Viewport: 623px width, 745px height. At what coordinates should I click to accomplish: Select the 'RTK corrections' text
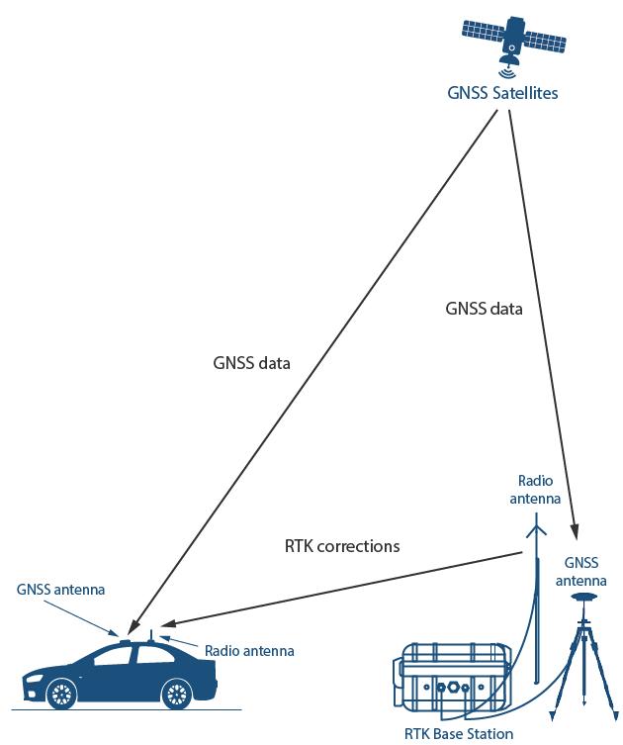coord(342,545)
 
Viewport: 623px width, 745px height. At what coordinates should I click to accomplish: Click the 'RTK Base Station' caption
coord(459,734)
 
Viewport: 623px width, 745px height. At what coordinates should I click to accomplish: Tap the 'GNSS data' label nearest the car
coord(251,363)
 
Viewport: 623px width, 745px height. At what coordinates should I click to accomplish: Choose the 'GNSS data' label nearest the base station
coord(484,309)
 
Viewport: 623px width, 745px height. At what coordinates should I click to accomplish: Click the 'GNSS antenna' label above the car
coord(60,590)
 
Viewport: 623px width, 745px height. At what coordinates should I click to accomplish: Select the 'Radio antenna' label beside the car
coord(249,650)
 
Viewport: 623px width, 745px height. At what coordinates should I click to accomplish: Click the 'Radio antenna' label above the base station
coord(535,491)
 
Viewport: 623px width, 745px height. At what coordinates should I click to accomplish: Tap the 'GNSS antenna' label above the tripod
coord(588,572)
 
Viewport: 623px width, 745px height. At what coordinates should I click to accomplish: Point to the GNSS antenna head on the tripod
coord(587,603)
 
